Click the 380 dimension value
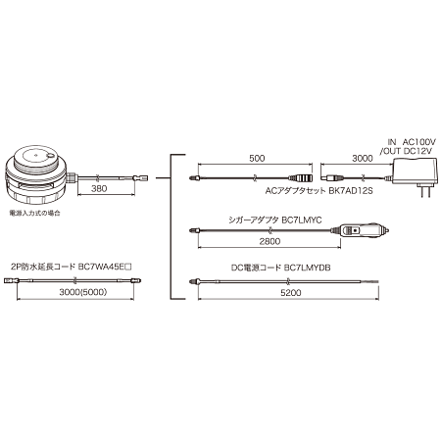tap(98, 189)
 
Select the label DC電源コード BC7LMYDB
tap(276, 267)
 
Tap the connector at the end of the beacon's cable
tap(143, 177)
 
